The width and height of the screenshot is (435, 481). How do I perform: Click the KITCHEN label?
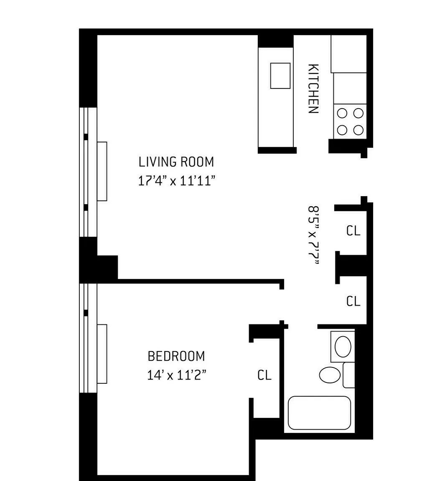[x=313, y=89]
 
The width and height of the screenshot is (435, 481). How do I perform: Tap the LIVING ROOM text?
[x=176, y=162]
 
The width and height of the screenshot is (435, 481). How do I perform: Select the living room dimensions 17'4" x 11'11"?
[x=177, y=181]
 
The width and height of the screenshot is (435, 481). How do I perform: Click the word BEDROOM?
[x=176, y=356]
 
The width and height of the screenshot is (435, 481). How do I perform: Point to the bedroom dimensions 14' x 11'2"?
[x=176, y=375]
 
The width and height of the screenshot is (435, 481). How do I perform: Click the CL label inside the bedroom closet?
[x=264, y=375]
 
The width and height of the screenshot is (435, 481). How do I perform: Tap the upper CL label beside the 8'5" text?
[x=353, y=230]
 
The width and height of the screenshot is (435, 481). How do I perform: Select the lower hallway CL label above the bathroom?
[x=353, y=301]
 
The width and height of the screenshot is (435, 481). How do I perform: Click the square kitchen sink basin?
[x=280, y=76]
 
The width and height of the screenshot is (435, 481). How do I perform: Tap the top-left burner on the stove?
[x=342, y=113]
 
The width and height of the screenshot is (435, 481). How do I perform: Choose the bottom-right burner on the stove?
[x=358, y=130]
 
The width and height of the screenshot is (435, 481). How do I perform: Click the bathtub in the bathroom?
[x=319, y=413]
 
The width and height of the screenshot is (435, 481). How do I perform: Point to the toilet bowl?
[x=330, y=375]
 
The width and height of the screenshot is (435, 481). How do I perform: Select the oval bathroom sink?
[x=343, y=347]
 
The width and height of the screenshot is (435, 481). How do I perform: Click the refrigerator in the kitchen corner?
[x=349, y=53]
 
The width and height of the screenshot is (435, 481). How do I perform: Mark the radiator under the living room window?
[x=102, y=171]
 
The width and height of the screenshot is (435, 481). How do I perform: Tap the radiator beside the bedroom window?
[x=102, y=353]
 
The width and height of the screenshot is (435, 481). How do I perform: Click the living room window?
[x=88, y=172]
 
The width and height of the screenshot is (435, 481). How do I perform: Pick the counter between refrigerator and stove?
[x=350, y=88]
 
